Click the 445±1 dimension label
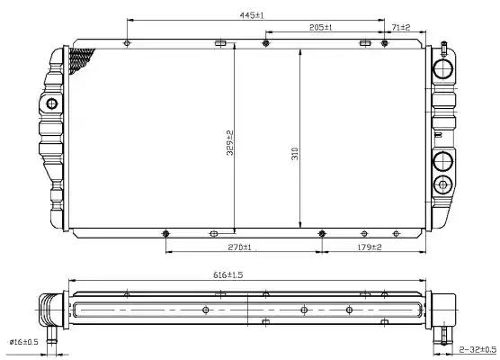pyautogui.click(x=252, y=15)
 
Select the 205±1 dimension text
pyautogui.click(x=320, y=27)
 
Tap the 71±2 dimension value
pyautogui.click(x=401, y=27)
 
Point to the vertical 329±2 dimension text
pyautogui.click(x=230, y=143)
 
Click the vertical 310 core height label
pyautogui.click(x=295, y=154)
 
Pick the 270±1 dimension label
pyautogui.click(x=239, y=247)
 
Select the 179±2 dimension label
pyautogui.click(x=370, y=247)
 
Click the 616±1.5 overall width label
pyautogui.click(x=228, y=274)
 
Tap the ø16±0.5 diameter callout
pyautogui.click(x=24, y=342)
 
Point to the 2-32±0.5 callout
pyautogui.click(x=478, y=349)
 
